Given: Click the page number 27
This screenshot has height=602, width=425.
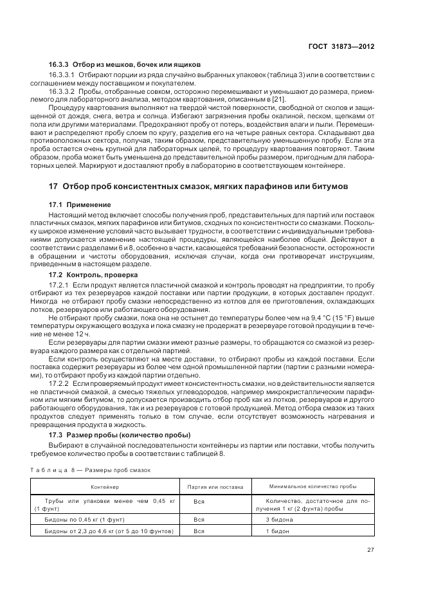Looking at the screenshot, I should tap(370, 549).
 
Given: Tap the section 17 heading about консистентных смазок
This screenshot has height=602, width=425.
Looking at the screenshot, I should tap(199, 186).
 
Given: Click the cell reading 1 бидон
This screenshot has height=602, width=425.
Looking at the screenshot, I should tap(277, 531).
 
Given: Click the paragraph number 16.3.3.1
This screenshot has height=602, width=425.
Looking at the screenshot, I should tap(62, 75).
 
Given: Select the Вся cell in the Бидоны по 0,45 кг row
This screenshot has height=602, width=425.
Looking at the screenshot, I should tap(199, 519).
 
